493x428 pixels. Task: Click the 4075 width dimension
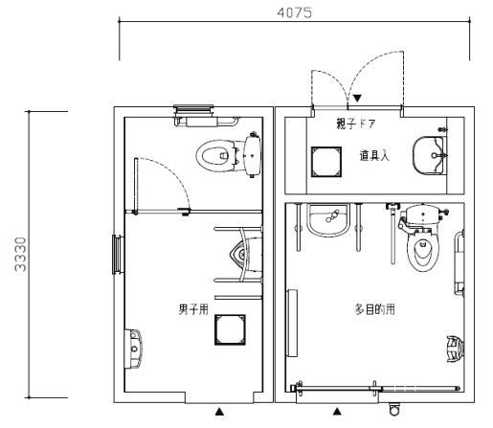[x=294, y=12]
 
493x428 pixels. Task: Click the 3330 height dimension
[x=20, y=254]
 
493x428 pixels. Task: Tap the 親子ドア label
[x=355, y=124]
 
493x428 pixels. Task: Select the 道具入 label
[x=374, y=156]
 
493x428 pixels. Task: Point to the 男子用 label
[x=193, y=309]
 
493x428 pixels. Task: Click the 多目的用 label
[x=375, y=309]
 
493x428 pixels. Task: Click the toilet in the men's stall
[x=229, y=155]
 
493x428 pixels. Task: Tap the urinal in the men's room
[x=246, y=255]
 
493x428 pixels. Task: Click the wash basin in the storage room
[x=430, y=156]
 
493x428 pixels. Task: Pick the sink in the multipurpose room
[x=327, y=219]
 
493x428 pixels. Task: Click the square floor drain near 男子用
[x=230, y=329]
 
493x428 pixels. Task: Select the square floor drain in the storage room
[x=326, y=162]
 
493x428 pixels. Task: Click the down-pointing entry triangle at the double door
[x=357, y=98]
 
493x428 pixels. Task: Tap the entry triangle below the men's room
[x=219, y=412]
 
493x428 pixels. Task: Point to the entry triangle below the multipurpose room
[x=337, y=412]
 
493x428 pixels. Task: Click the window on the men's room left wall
[x=118, y=255]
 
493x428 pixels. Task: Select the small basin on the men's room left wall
[x=133, y=349]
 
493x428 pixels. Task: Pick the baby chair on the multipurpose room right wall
[x=455, y=349]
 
